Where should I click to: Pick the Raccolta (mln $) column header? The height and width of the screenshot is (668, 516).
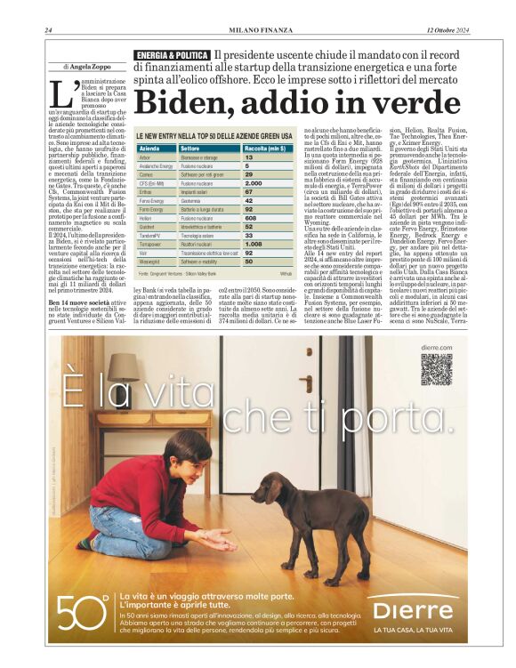click(265, 148)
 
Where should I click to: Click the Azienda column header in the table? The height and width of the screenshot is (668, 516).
click(149, 148)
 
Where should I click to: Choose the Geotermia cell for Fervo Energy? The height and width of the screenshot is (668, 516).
click(194, 200)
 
